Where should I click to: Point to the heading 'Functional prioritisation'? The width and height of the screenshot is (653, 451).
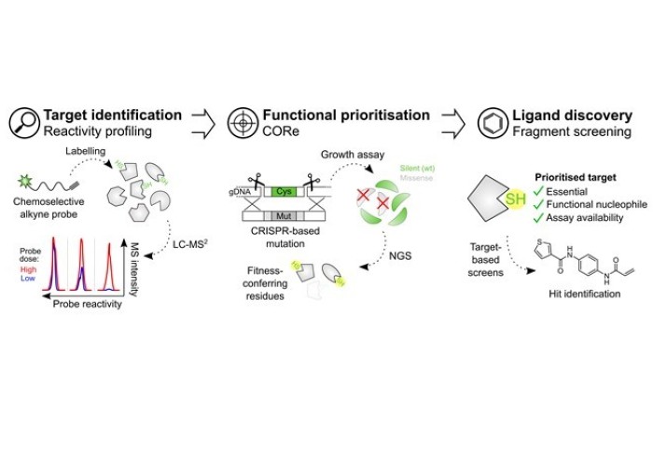click(x=345, y=115)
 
